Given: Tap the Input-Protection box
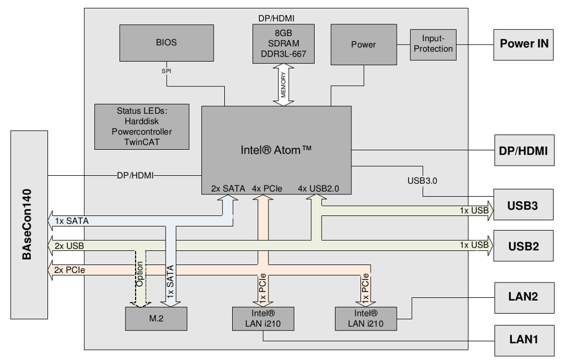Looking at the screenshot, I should click(x=433, y=44).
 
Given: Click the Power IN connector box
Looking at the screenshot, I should click(x=524, y=44).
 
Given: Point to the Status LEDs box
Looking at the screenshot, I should click(x=141, y=126).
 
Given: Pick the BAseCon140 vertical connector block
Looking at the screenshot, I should click(x=29, y=224).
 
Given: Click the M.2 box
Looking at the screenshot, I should click(x=156, y=319).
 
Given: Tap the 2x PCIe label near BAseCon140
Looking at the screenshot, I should click(x=71, y=270).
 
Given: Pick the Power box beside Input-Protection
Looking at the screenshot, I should click(x=363, y=44).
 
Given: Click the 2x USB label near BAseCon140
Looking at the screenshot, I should click(x=70, y=246).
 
